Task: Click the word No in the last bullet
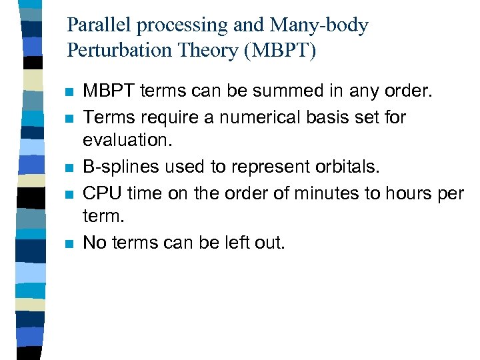click(x=94, y=243)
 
